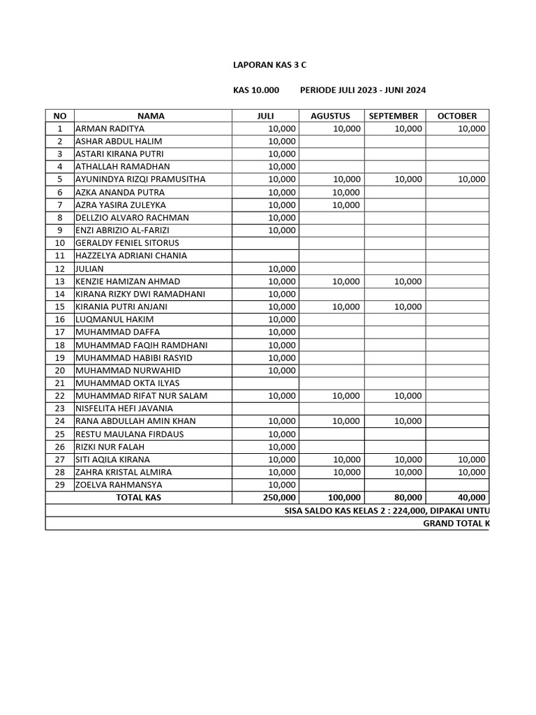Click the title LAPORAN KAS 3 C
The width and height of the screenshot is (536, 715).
pos(269,65)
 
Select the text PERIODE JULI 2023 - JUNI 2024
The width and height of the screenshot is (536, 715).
pos(363,91)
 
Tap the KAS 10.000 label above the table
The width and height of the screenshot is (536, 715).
pos(255,91)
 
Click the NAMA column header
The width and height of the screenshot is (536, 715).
pos(151,116)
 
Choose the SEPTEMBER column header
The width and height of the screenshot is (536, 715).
pos(394,116)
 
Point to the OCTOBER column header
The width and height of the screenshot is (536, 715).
pos(457,116)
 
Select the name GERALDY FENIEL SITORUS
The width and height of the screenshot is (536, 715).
pos(127,243)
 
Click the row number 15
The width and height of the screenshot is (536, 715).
pos(60,307)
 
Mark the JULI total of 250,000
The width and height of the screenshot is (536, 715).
pos(279,497)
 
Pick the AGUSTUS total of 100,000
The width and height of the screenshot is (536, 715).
pos(343,497)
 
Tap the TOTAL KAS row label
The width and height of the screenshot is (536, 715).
pos(138,497)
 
